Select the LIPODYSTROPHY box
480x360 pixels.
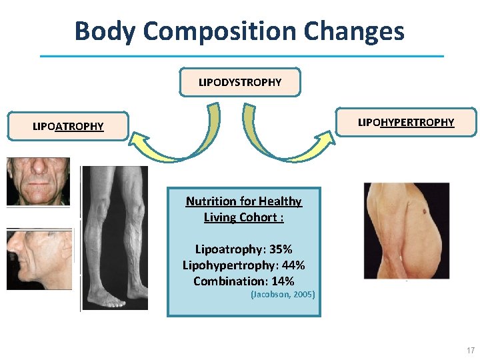[x=240, y=83]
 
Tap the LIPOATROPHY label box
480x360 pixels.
[x=69, y=126]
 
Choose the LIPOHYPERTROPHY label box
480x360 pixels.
[x=405, y=123]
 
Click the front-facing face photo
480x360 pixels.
[x=38, y=181]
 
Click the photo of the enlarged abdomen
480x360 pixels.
[x=406, y=230]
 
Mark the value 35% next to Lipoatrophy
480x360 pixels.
[x=279, y=249]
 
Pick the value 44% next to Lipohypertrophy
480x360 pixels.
[x=291, y=265]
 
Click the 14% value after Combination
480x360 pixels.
[x=281, y=281]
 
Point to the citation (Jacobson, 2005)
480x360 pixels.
[x=283, y=294]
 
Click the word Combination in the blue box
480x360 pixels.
[x=231, y=281]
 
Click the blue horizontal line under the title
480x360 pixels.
[x=241, y=56]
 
